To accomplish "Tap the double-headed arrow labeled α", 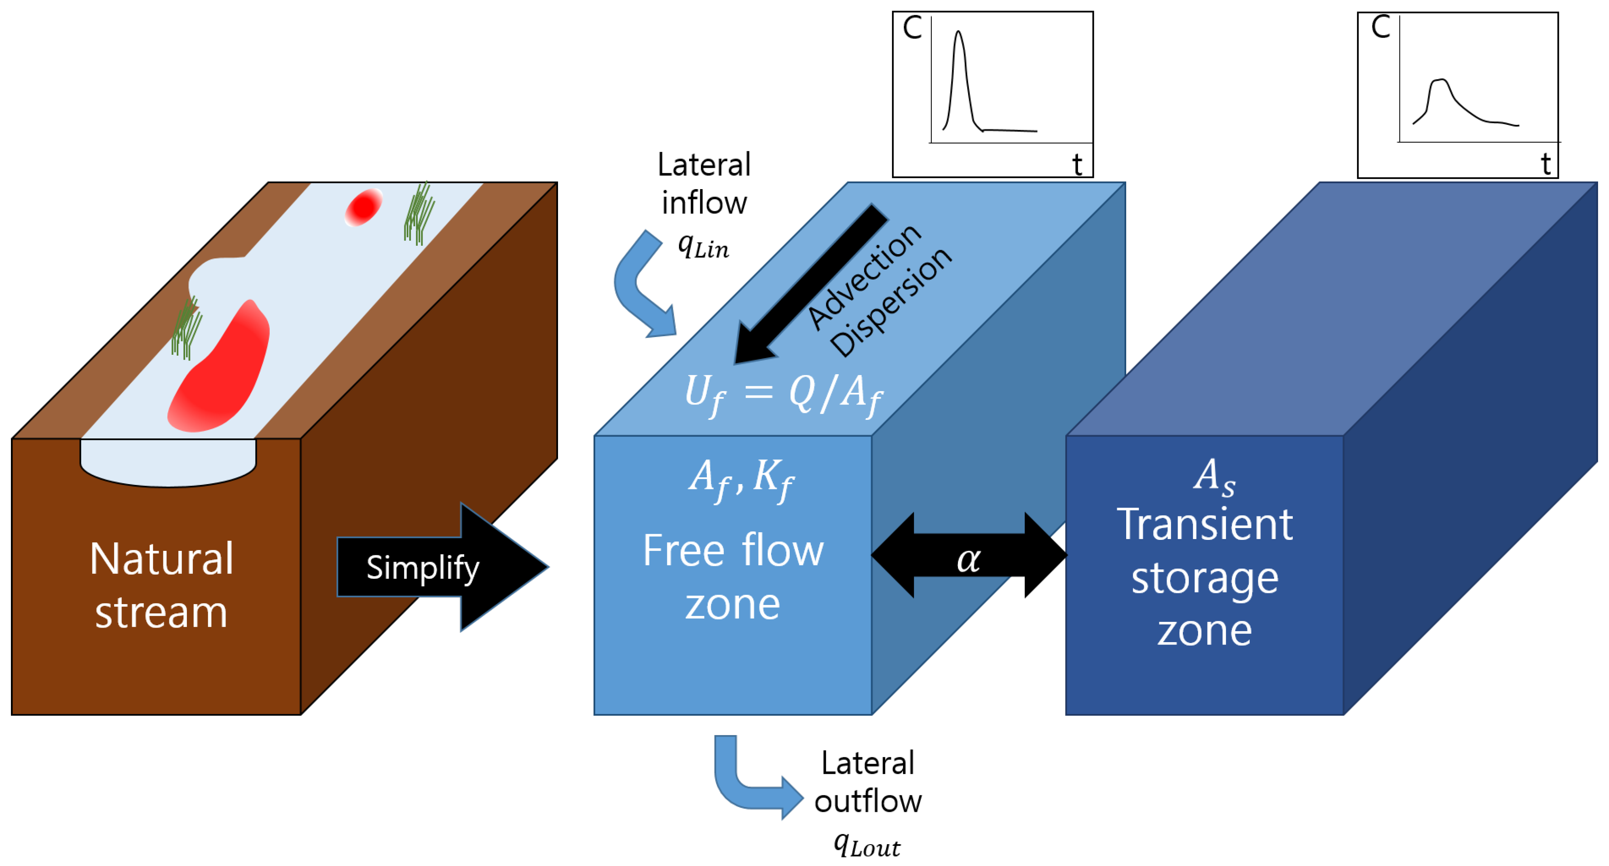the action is click(969, 555).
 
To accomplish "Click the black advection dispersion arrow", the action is click(811, 284).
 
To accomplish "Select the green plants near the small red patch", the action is click(419, 213).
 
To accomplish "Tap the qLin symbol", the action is click(703, 247).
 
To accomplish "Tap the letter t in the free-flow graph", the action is click(1077, 165).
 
